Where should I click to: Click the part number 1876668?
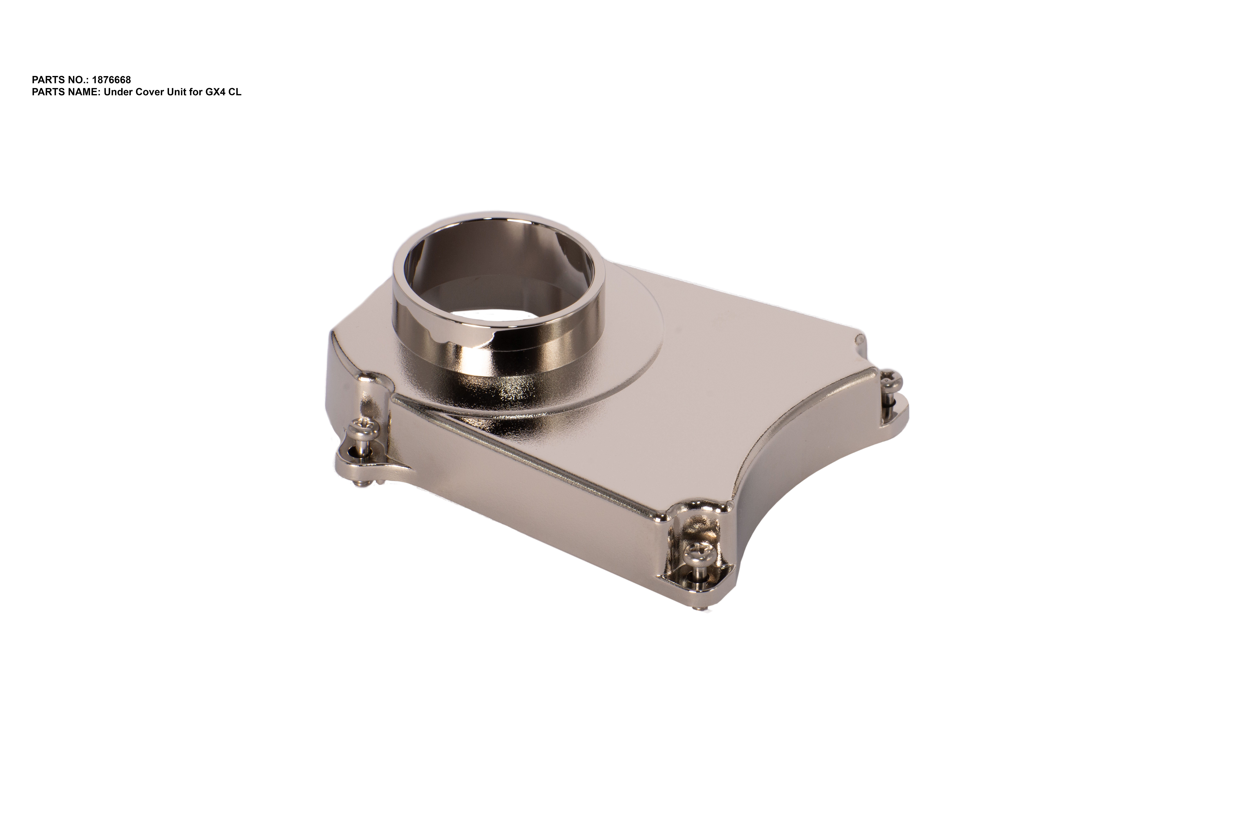pyautogui.click(x=111, y=80)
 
